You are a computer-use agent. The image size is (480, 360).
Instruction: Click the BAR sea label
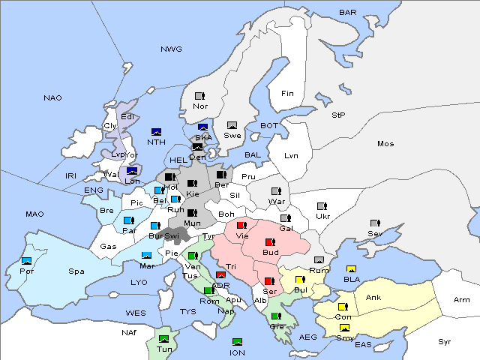[347, 12]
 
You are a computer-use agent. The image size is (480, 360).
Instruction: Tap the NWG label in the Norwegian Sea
[171, 49]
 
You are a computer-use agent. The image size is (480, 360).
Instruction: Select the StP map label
[339, 115]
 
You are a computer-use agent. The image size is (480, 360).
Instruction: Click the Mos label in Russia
[385, 143]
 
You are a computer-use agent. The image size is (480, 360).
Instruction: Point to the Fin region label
[287, 94]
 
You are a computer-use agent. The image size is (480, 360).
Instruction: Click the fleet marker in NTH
[157, 132]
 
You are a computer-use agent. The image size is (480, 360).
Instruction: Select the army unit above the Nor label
[199, 96]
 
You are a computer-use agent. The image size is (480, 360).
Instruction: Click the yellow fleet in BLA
[351, 269]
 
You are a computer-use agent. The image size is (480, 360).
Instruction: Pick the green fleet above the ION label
[237, 342]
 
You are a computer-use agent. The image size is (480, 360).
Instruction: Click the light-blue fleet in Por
[27, 260]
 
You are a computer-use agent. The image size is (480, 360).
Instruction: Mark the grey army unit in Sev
[375, 223]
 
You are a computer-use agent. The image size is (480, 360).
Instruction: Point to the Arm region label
[462, 300]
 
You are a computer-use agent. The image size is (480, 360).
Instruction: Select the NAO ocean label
[52, 98]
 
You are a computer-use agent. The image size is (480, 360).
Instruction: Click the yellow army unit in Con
[343, 307]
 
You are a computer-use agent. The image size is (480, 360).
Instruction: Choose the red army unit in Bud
[271, 241]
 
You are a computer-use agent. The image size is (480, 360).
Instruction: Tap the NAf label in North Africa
[130, 331]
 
